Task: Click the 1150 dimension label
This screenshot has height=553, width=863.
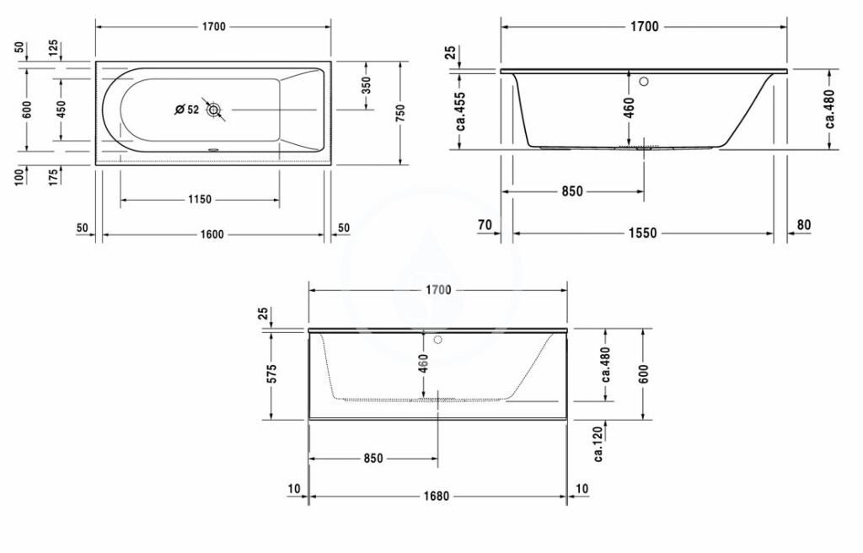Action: pyautogui.click(x=201, y=200)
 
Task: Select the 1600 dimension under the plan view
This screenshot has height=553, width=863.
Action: pyautogui.click(x=212, y=234)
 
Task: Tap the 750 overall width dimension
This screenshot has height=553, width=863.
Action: pyautogui.click(x=400, y=111)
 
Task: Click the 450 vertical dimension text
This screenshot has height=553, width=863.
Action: pyautogui.click(x=61, y=109)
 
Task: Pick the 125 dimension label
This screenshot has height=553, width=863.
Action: pyautogui.click(x=54, y=48)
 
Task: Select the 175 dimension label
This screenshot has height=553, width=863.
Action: pyautogui.click(x=54, y=177)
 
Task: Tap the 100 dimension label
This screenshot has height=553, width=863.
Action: pyautogui.click(x=20, y=177)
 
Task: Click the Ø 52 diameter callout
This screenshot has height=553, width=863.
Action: pyautogui.click(x=186, y=110)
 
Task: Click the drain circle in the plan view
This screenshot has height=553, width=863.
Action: pyautogui.click(x=214, y=110)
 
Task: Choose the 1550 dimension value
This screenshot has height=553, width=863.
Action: pyautogui.click(x=644, y=234)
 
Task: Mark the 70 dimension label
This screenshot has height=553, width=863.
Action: pyautogui.click(x=484, y=224)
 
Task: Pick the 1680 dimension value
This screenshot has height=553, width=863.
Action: pyautogui.click(x=437, y=497)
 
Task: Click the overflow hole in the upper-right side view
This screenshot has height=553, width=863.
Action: pyautogui.click(x=645, y=83)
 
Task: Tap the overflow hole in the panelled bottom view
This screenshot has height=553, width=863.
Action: pyautogui.click(x=437, y=341)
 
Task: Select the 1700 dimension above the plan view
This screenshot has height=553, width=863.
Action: pyautogui.click(x=212, y=27)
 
